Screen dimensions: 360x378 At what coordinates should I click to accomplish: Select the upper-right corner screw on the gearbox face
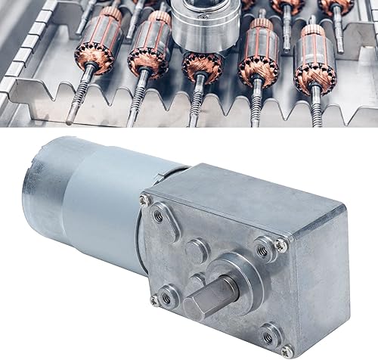tap(281, 244)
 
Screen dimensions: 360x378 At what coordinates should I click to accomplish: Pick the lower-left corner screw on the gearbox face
tap(154, 300)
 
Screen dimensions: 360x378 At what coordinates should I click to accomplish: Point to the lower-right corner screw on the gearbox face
tap(287, 350)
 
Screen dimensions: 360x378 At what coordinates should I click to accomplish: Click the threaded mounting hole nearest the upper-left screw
tap(157, 216)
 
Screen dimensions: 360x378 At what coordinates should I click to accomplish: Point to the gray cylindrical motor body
tap(98, 200)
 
